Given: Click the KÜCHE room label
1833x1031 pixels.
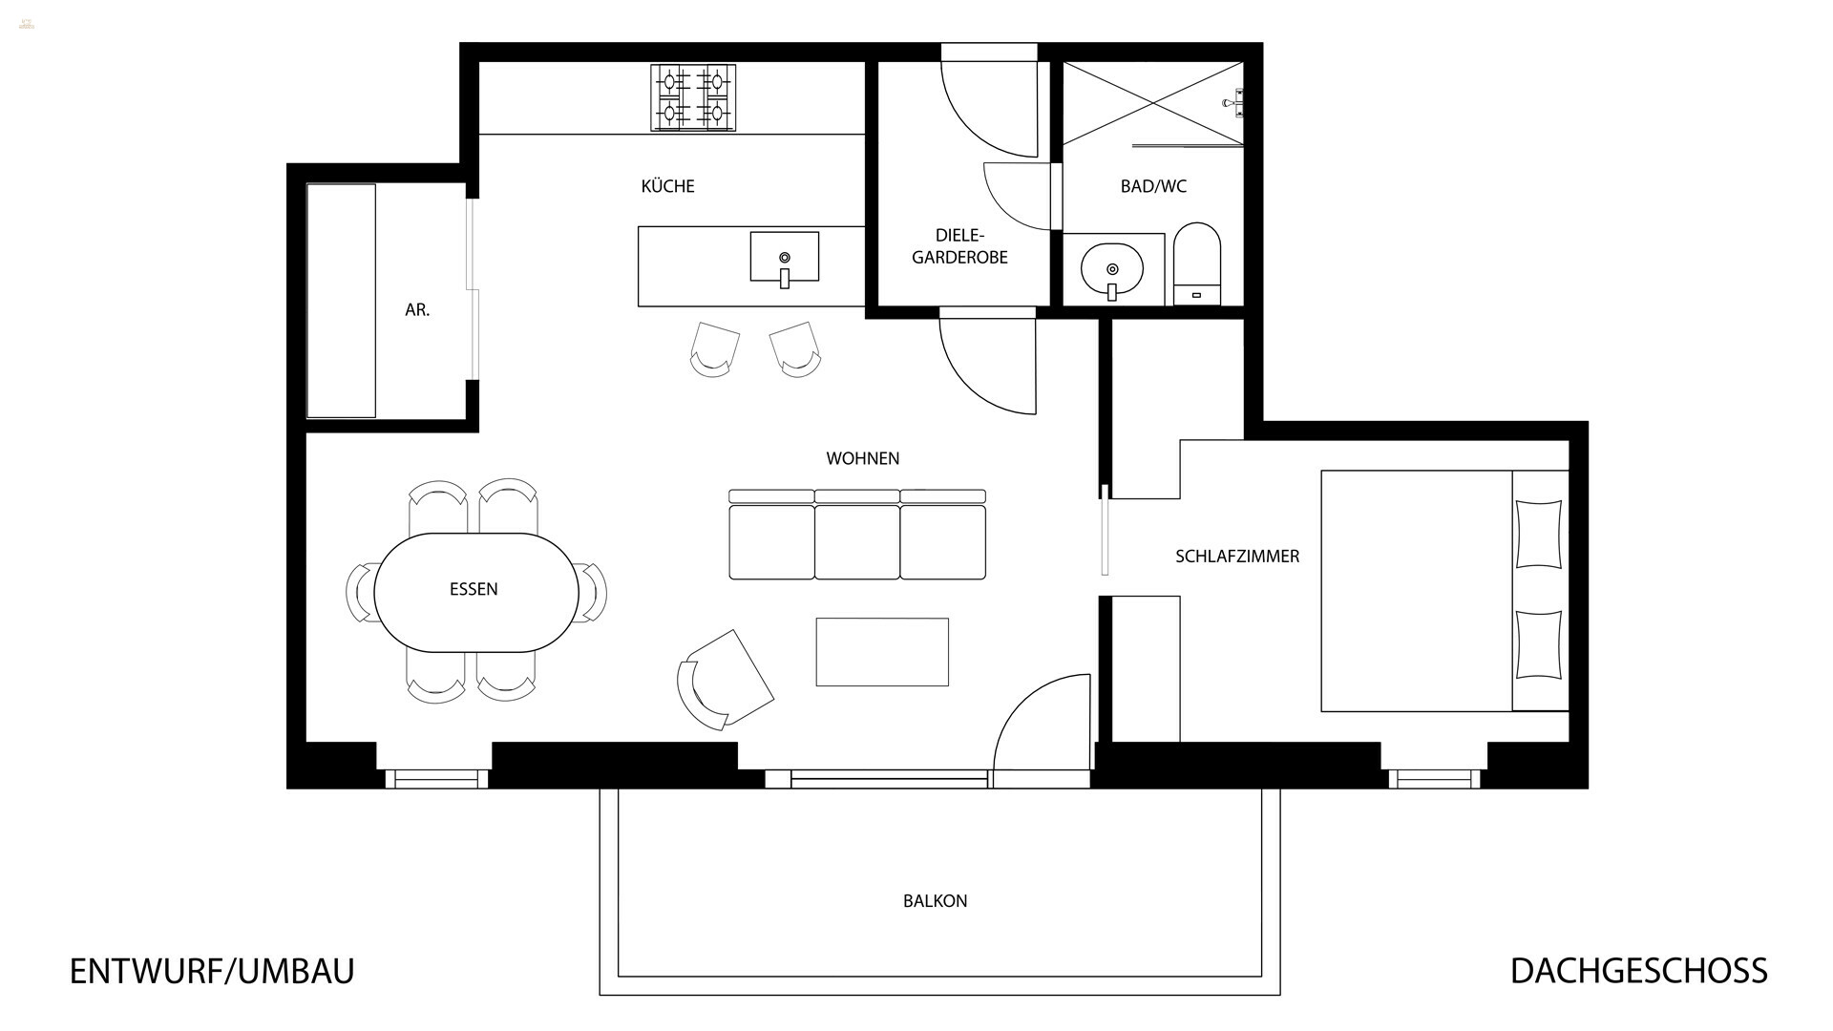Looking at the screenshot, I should tap(667, 186).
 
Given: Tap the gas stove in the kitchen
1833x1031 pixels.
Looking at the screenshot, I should tap(693, 97).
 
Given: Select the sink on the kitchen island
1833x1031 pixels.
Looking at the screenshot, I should tap(784, 257).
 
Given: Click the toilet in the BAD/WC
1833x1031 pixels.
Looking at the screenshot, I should tap(1197, 263).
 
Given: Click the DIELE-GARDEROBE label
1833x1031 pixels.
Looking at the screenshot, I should tap(959, 246).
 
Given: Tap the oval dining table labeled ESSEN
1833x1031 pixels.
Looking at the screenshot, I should tap(474, 592).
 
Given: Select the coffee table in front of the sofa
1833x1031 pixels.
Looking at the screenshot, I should tap(882, 652).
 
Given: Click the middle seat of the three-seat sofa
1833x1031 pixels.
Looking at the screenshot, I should tap(857, 541).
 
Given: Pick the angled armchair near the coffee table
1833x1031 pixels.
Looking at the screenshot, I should tap(724, 680).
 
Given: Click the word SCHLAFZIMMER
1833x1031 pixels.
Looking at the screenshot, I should tap(1236, 557).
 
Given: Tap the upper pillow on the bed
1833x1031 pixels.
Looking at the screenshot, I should tap(1538, 534).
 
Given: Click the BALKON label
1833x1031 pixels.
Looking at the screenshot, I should tap(935, 901).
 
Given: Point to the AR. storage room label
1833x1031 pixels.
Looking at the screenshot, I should tap(417, 310).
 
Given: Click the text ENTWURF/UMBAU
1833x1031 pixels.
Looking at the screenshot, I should tap(212, 971).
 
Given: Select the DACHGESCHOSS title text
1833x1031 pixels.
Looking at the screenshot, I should tap(1638, 971).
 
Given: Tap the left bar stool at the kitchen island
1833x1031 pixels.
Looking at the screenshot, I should tap(714, 349).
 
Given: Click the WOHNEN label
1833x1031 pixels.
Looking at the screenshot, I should tap(862, 459).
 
